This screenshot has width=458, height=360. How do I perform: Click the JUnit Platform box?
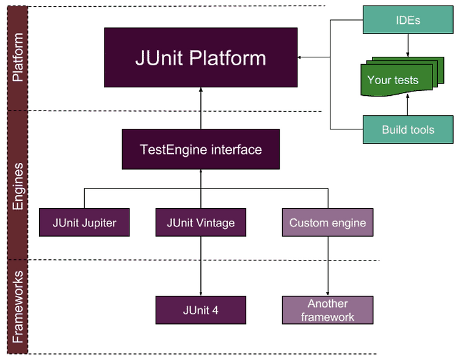pyautogui.click(x=201, y=57)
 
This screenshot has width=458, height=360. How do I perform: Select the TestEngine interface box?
pyautogui.click(x=201, y=149)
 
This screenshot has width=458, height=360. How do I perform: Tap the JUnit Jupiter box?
pyautogui.click(x=84, y=223)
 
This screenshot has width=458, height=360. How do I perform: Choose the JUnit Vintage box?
pyautogui.click(x=201, y=223)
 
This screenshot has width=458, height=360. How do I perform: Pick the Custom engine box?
pyautogui.click(x=328, y=223)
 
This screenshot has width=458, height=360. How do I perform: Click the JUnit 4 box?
pyautogui.click(x=201, y=310)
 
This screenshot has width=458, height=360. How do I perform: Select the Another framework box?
pyautogui.click(x=328, y=310)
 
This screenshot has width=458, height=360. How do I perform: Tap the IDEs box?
pyautogui.click(x=408, y=20)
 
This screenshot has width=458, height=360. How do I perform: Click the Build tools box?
pyautogui.click(x=408, y=129)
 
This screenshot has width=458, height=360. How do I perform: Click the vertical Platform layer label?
pyautogui.click(x=18, y=57)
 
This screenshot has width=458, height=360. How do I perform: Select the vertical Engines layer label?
pyautogui.click(x=18, y=186)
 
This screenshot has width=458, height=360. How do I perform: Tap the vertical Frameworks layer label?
pyautogui.click(x=18, y=306)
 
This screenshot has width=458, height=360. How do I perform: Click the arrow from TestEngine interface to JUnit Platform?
pyautogui.click(x=201, y=109)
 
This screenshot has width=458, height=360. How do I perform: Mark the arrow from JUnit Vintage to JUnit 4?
pyautogui.click(x=201, y=266)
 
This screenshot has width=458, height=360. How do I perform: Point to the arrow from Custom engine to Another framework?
pyautogui.click(x=328, y=266)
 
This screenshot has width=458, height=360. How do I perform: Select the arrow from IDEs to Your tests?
pyautogui.click(x=408, y=45)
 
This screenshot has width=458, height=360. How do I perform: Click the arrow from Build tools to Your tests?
pyautogui.click(x=408, y=104)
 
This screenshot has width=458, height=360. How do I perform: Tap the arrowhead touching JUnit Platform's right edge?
pyautogui.click(x=299, y=57)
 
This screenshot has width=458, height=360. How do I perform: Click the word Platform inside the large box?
pyautogui.click(x=228, y=58)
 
